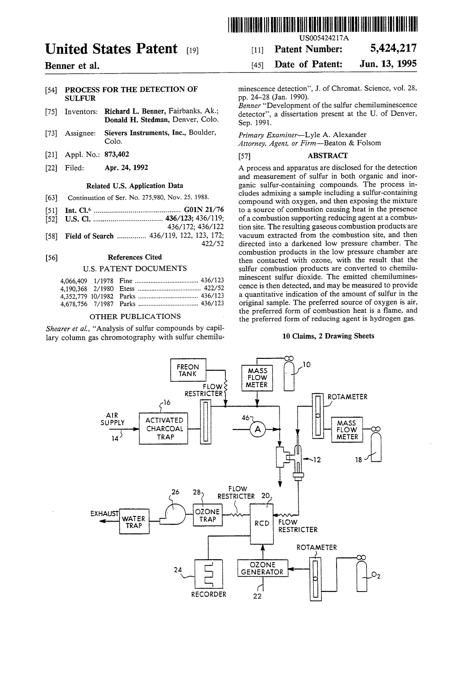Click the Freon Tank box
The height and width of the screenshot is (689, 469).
click(188, 370)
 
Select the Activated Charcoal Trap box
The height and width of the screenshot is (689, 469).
click(164, 429)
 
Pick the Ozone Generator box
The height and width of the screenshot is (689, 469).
click(263, 568)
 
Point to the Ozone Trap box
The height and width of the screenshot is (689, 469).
click(207, 516)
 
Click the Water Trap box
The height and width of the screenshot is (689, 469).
click(134, 522)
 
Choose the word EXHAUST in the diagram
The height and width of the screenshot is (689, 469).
click(104, 513)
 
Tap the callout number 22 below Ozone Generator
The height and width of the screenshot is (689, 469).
click(257, 597)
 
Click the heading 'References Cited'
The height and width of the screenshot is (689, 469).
click(135, 257)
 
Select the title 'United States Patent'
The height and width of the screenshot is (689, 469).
click(111, 49)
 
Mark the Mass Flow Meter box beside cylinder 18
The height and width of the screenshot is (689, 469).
click(347, 430)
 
